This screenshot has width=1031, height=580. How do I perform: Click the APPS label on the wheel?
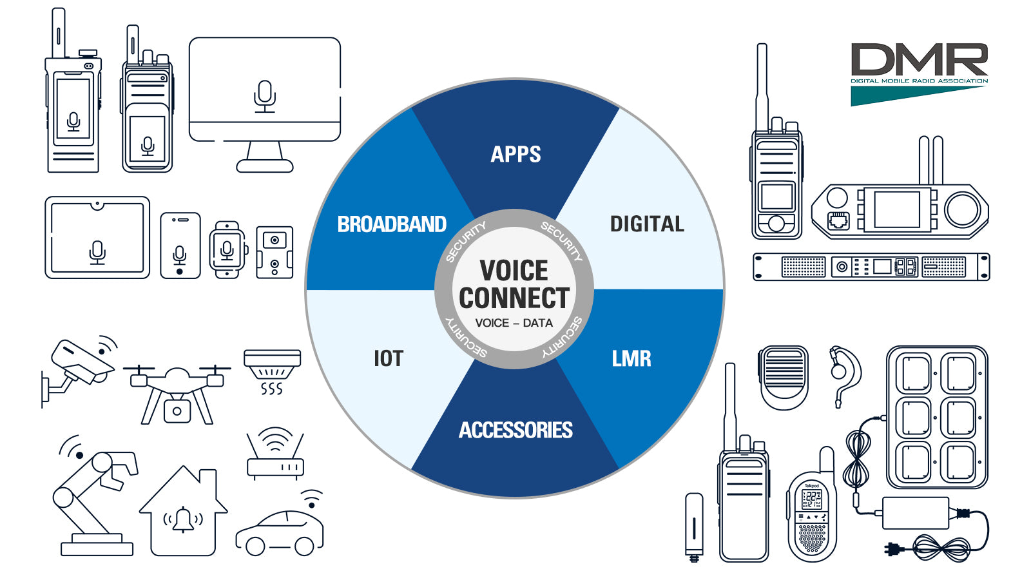pos(515,154)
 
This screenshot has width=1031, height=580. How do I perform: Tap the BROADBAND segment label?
pos(392,224)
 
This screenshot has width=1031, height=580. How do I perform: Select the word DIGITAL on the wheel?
pos(647,224)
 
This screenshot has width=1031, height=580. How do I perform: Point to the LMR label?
pos(631,358)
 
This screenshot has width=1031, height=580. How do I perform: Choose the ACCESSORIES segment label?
pos(515,430)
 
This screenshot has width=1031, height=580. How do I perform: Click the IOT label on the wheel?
pos(389,358)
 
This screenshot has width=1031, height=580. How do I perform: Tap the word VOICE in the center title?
pos(514,270)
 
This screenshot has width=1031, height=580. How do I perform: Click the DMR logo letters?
pos(919,59)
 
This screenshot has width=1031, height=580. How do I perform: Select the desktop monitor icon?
pos(265,105)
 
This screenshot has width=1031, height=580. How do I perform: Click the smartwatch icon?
pos(228,250)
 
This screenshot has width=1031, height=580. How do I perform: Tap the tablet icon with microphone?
pos(97,238)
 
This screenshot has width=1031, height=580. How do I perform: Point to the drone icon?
pos(177,394)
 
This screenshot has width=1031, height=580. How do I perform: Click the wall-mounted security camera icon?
pos(79,371)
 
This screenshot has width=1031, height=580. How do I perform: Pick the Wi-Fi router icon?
pos(275,454)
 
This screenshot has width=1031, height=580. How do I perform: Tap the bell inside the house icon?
pos(183,519)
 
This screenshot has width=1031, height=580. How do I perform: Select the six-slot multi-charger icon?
pos(937,417)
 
